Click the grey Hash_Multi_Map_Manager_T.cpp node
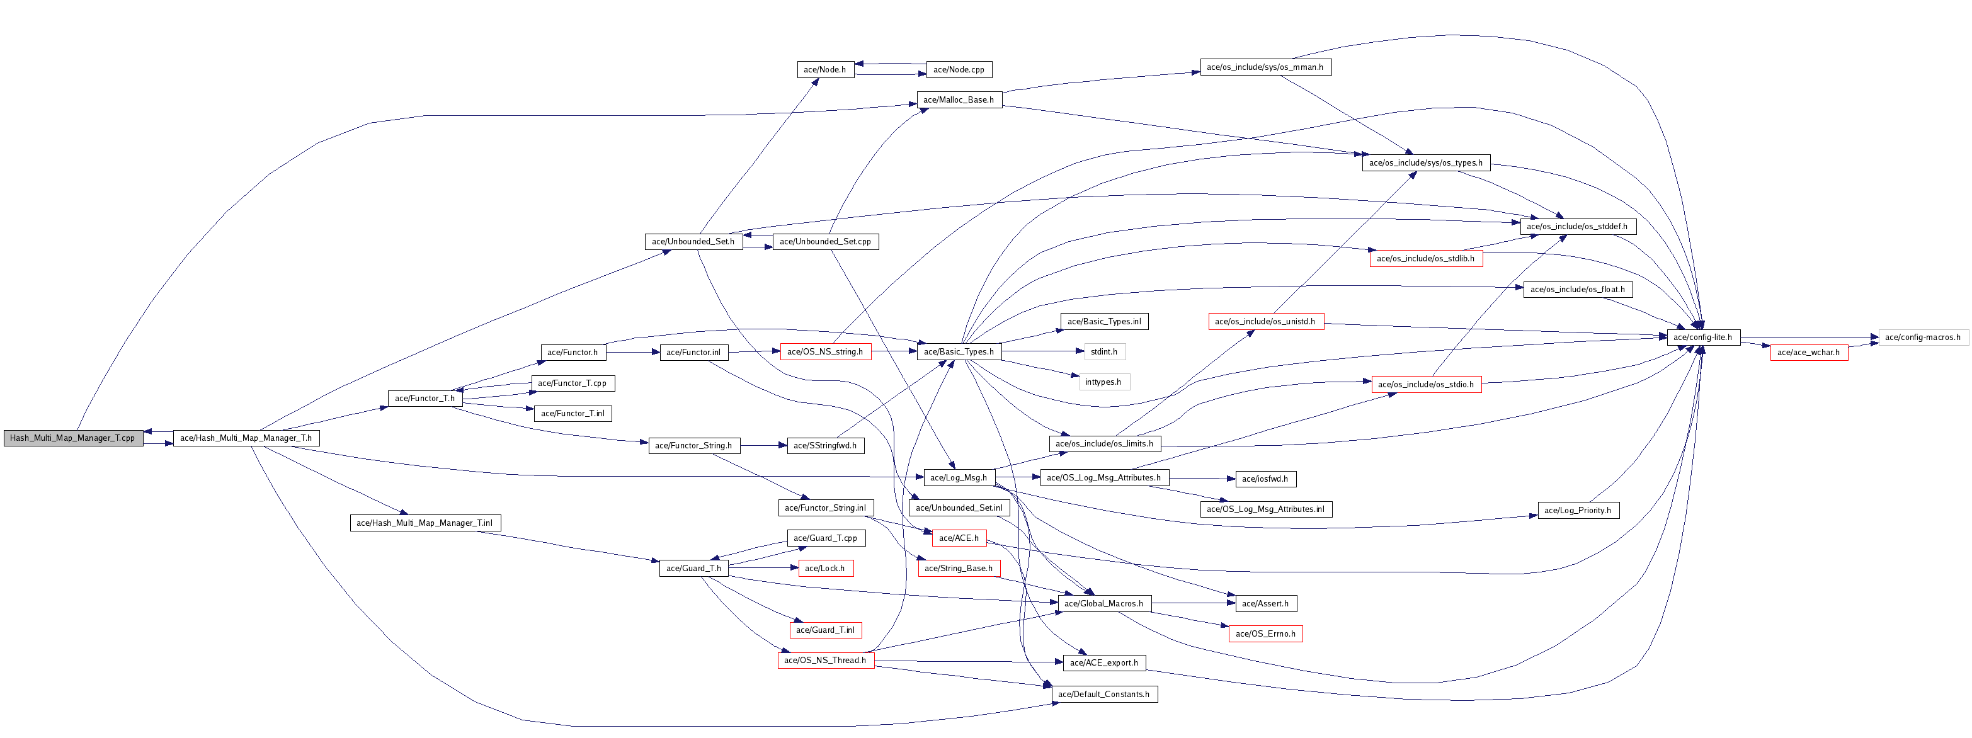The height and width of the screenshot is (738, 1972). point(72,438)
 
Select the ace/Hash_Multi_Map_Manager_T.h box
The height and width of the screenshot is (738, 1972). point(246,438)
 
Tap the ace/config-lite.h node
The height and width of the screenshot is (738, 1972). point(1703,337)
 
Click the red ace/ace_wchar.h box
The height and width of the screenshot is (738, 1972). point(1808,352)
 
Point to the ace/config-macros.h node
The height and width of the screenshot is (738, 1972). point(1922,337)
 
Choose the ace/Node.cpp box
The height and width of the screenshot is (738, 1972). point(959,70)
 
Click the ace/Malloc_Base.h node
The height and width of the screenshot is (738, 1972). point(959,99)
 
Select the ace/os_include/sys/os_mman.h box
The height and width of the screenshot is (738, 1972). point(1265,67)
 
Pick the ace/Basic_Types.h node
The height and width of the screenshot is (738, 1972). point(959,352)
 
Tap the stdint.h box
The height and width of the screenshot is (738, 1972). point(1104,352)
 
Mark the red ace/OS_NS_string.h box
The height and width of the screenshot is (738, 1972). point(825,352)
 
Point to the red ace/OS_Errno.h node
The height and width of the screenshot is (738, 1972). point(1265,634)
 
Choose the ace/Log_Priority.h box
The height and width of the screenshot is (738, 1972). point(1577,511)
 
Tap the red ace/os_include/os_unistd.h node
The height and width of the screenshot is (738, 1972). point(1265,322)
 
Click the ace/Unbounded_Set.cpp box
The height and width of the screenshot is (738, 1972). point(825,242)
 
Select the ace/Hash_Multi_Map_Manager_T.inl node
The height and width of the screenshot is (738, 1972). point(425,523)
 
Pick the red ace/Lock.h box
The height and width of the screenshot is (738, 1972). point(824,568)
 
